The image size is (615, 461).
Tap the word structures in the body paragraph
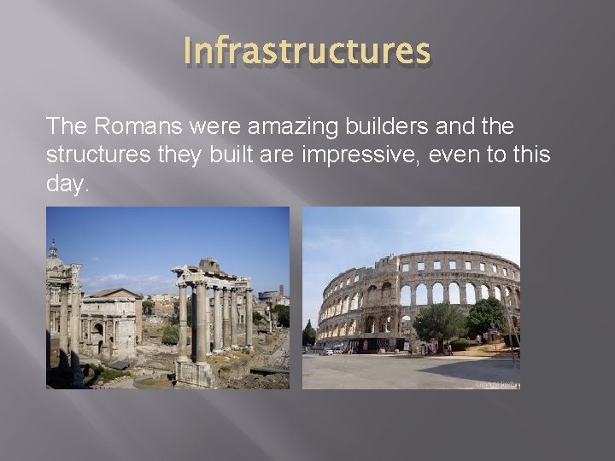88,155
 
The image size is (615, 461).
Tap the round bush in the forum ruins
170,334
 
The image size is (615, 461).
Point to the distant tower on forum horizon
280,291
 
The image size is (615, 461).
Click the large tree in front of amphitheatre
439,321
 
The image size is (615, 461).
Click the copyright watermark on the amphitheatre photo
495,384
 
